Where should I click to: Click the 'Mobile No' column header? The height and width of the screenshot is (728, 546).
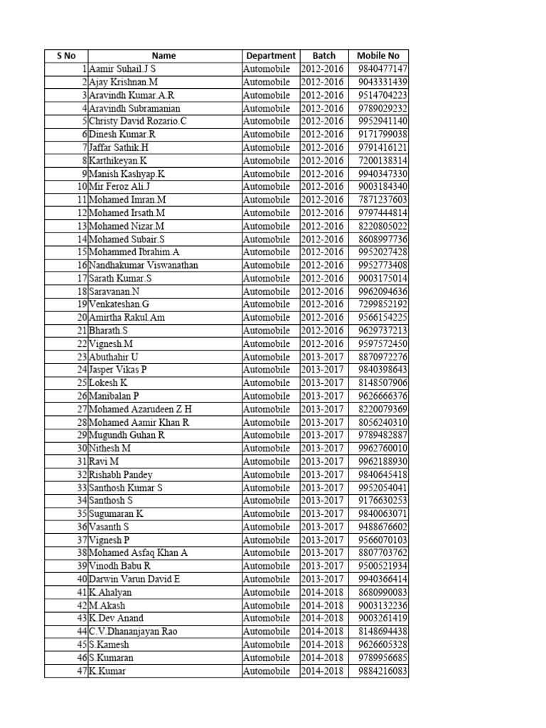tap(378, 55)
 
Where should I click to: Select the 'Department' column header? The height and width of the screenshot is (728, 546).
tap(270, 55)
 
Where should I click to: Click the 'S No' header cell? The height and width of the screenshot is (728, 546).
tap(65, 55)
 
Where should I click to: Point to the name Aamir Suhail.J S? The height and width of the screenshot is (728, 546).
tap(122, 69)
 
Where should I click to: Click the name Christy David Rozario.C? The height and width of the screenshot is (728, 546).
tap(138, 122)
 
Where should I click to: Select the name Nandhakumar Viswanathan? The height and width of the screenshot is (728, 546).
tap(144, 265)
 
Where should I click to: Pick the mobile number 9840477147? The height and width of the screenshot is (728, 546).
tap(382, 69)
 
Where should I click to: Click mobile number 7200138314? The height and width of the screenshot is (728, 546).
tap(382, 161)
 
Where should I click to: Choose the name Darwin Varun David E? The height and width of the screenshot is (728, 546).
tap(134, 579)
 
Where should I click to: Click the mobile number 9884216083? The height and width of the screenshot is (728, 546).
tap(382, 671)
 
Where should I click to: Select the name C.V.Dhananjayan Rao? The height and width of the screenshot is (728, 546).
tap(133, 631)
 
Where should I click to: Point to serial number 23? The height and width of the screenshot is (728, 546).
tap(82, 357)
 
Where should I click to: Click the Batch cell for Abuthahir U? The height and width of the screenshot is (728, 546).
tap(322, 357)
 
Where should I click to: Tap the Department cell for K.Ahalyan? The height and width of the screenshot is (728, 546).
tap(267, 592)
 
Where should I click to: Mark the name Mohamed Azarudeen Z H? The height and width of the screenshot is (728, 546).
tap(140, 409)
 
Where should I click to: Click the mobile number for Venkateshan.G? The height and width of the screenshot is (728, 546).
tap(382, 304)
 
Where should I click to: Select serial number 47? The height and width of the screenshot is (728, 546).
tap(82, 671)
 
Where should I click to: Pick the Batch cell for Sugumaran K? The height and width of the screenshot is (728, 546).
tap(322, 514)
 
